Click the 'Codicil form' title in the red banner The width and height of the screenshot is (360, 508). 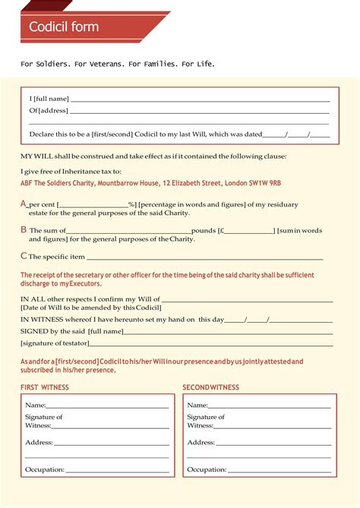pos(64,27)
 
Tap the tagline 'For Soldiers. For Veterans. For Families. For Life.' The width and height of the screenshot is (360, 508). pos(118,64)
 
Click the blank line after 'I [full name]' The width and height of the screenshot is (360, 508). pos(201,99)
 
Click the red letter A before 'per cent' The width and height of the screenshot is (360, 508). pos(24,204)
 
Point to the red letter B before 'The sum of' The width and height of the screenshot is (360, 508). pos(24,229)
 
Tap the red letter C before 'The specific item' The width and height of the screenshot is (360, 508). pos(24,256)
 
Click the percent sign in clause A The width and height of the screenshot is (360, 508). pos(131,204)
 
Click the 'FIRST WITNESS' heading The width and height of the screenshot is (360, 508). pos(44,387)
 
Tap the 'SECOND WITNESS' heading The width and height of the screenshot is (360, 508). pos(210,387)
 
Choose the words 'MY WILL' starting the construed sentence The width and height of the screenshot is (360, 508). pos(33,156)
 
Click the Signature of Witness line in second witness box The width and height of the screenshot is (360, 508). pos(272,426)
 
